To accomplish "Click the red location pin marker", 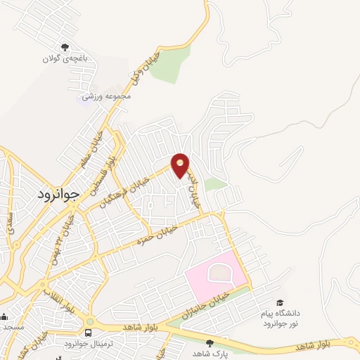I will click(181, 165).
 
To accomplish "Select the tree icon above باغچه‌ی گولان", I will click(65, 47).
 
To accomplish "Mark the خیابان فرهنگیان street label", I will click(145, 184).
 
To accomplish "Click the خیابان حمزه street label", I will click(153, 233).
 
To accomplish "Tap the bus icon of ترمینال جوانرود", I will click(89, 333).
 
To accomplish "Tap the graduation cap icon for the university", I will click(281, 302).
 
